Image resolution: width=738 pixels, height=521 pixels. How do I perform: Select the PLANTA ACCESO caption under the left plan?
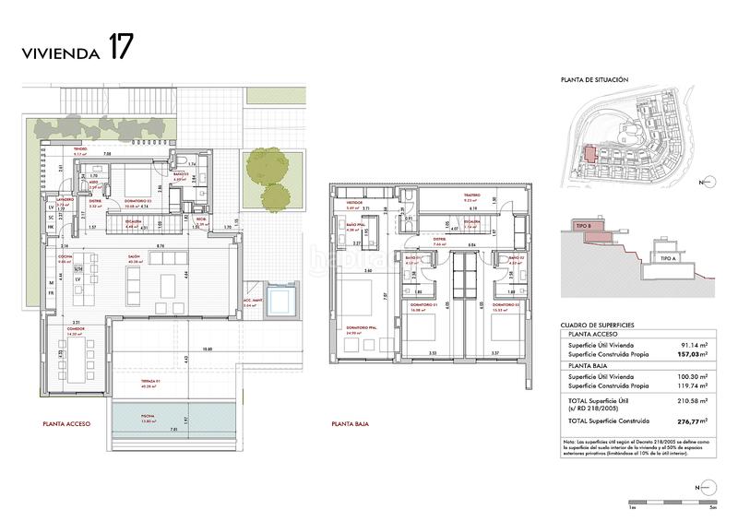tap(66, 425)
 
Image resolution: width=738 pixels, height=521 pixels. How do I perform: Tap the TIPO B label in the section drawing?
tap(582, 225)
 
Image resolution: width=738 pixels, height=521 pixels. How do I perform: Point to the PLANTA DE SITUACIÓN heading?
tap(595, 81)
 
